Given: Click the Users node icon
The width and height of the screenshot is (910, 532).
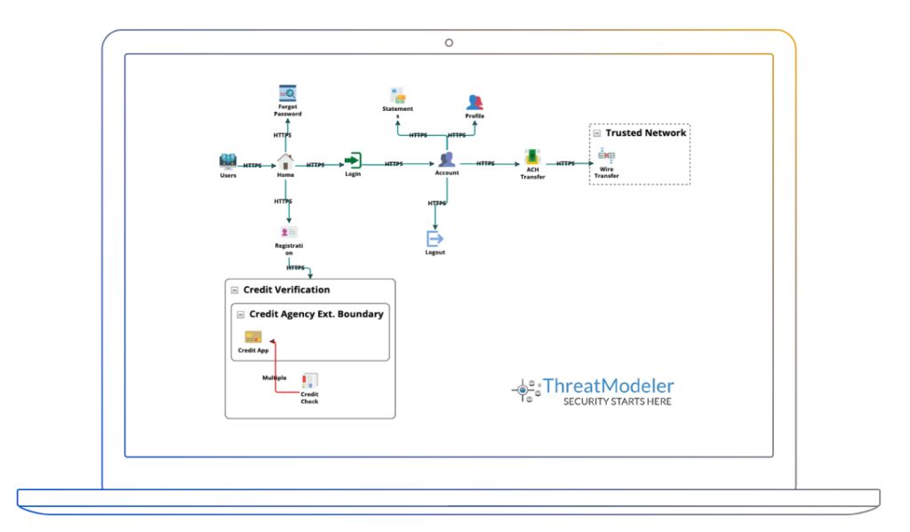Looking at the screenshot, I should [x=228, y=162].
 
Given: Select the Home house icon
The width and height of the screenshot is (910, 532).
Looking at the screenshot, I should [x=285, y=162].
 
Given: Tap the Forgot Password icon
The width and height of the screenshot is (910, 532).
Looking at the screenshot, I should [x=287, y=93].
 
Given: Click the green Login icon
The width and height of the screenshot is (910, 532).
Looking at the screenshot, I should [x=353, y=161].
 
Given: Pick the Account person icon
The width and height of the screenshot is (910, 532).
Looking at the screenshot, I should [x=447, y=160].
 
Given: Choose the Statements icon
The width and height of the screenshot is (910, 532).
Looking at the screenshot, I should [x=397, y=95].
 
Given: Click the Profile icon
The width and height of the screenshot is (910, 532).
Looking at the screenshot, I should [x=475, y=102].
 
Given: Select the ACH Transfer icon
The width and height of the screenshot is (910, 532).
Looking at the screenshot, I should [x=532, y=158].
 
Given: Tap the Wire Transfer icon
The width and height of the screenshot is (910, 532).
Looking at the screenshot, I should [x=606, y=155].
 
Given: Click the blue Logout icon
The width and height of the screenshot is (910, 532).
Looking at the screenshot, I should [x=435, y=239].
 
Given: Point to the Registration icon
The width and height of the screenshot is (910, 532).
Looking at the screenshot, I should [x=288, y=232].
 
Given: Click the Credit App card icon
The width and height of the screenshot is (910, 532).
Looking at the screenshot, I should [x=253, y=337].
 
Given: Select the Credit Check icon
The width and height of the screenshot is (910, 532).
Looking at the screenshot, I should [x=309, y=381].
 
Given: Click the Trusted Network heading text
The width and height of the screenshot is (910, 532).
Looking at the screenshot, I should [x=646, y=133].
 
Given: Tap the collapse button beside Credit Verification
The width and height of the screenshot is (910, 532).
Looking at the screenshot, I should [x=235, y=290].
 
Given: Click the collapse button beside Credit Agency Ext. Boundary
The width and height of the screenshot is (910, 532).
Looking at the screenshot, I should [x=241, y=314].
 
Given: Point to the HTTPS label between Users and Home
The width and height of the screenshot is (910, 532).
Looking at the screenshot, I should [x=252, y=165].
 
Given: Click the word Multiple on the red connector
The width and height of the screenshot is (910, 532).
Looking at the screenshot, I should [x=274, y=377].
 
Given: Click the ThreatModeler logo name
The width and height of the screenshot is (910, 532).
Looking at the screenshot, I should [x=608, y=385].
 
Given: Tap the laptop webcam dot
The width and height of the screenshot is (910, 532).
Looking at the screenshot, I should [x=449, y=43].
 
